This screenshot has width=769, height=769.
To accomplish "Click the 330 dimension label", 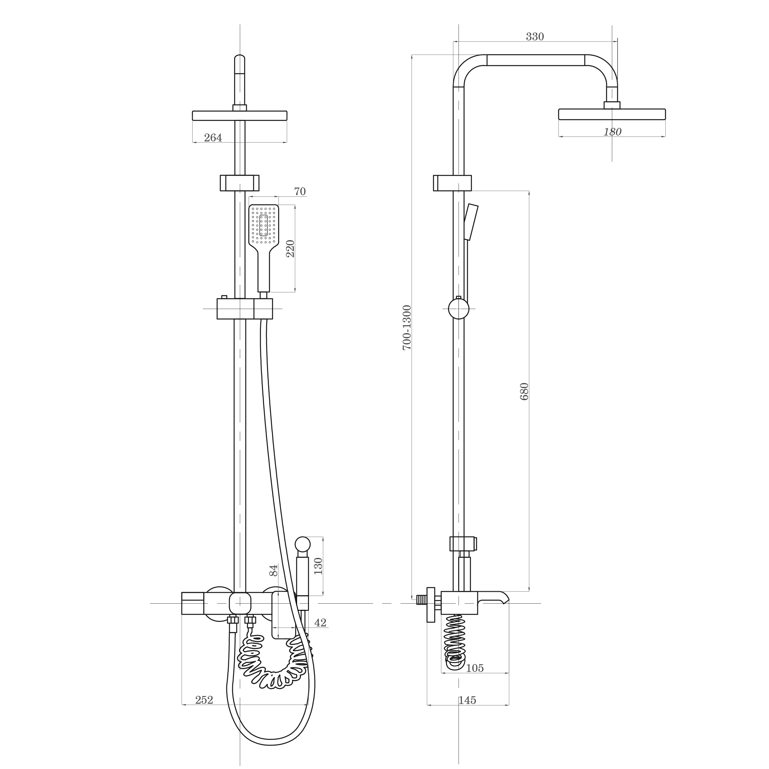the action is click(535, 37).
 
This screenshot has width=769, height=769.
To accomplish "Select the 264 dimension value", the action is click(213, 138).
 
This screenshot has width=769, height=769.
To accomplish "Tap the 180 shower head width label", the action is click(612, 132).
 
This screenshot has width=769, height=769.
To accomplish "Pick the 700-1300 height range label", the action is click(407, 328).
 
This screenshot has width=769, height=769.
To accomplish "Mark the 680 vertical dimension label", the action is click(524, 391).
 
